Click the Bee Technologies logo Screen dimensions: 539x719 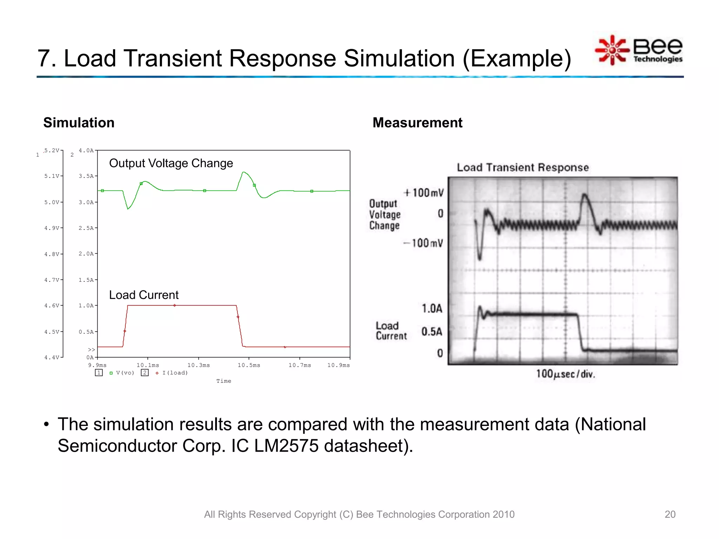[639, 50]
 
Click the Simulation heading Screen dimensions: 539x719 [79, 123]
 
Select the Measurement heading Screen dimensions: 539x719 [417, 123]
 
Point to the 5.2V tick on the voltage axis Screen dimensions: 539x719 [52, 151]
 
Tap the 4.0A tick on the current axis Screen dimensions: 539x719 [86, 151]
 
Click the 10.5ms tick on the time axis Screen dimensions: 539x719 [249, 365]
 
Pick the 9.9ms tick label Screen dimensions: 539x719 [97, 365]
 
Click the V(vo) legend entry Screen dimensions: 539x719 [125, 373]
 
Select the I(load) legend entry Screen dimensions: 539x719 [175, 373]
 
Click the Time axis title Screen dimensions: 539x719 [224, 381]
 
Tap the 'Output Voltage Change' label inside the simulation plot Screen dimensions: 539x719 [171, 163]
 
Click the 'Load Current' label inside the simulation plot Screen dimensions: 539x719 [144, 295]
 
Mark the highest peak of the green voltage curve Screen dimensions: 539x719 [244, 172]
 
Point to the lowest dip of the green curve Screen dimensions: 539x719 [128, 209]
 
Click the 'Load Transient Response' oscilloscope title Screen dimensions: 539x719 [522, 167]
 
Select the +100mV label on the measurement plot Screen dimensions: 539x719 [424, 193]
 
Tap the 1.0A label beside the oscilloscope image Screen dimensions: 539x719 [431, 308]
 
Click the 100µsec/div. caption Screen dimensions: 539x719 [565, 374]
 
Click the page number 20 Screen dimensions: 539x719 [670, 514]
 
